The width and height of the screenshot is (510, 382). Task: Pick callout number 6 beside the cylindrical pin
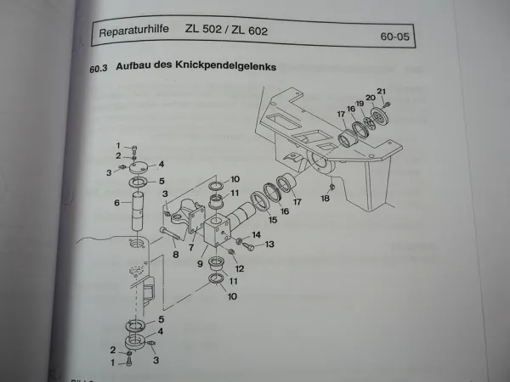116,203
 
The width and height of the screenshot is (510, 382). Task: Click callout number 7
191,249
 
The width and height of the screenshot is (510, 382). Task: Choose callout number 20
371,98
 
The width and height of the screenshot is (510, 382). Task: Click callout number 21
382,92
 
